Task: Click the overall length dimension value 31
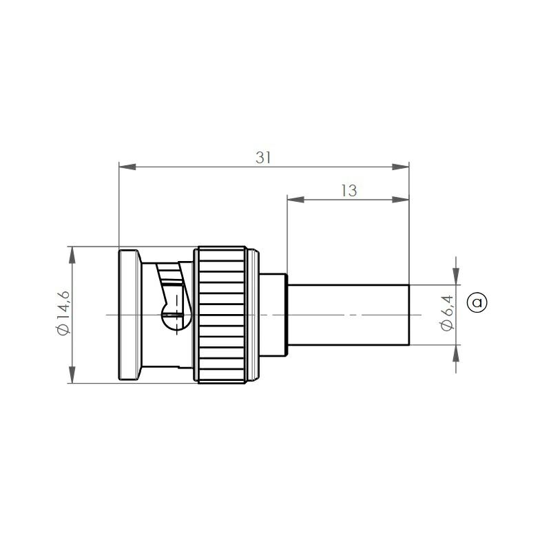(x=263, y=158)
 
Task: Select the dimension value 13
(x=349, y=191)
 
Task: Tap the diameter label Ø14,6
(x=63, y=313)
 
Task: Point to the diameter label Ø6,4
(x=447, y=313)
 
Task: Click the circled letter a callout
(x=477, y=302)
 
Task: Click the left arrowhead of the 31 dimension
(x=127, y=167)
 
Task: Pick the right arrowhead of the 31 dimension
(x=401, y=167)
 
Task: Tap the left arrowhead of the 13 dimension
(x=295, y=200)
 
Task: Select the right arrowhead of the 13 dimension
(x=401, y=200)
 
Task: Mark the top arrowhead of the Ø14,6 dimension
(x=72, y=255)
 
